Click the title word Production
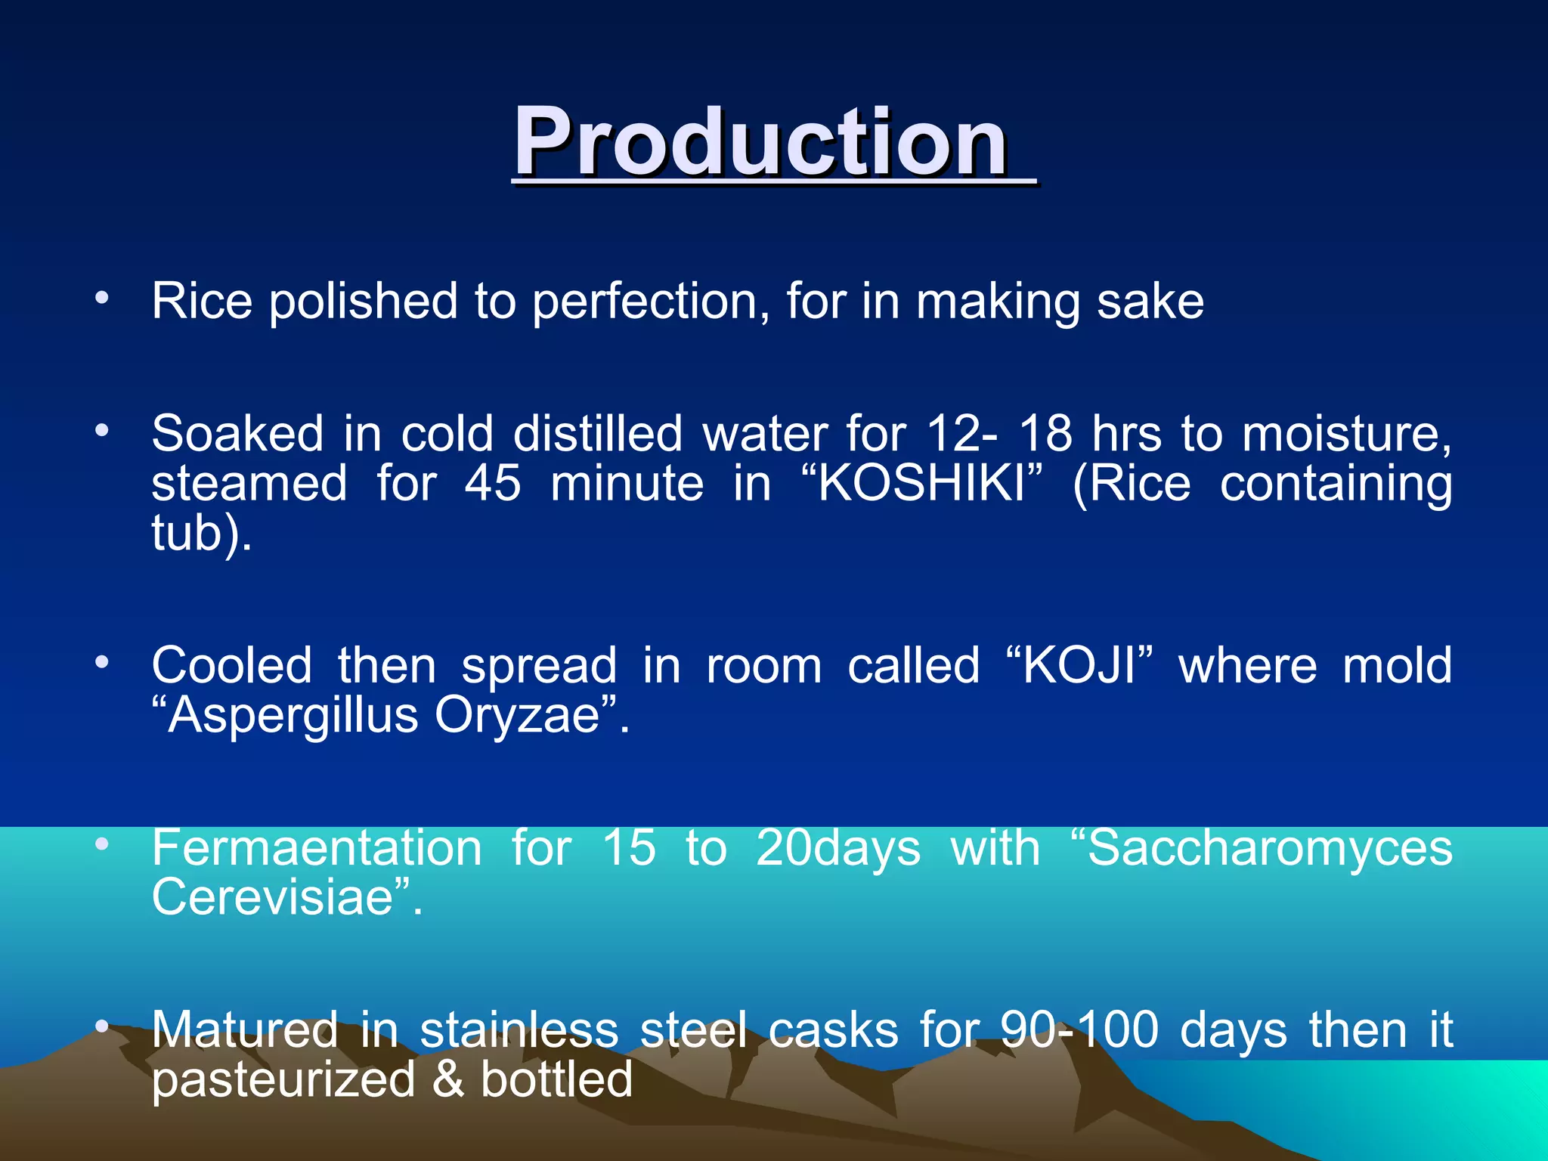click(760, 141)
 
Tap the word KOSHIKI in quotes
click(921, 485)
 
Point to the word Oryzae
click(517, 717)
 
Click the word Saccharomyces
click(1269, 848)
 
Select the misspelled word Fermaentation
click(317, 848)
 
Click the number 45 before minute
click(492, 485)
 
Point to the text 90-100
click(1079, 1030)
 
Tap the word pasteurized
click(283, 1079)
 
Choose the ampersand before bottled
click(448, 1079)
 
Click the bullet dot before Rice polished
click(102, 298)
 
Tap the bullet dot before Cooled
click(102, 663)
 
